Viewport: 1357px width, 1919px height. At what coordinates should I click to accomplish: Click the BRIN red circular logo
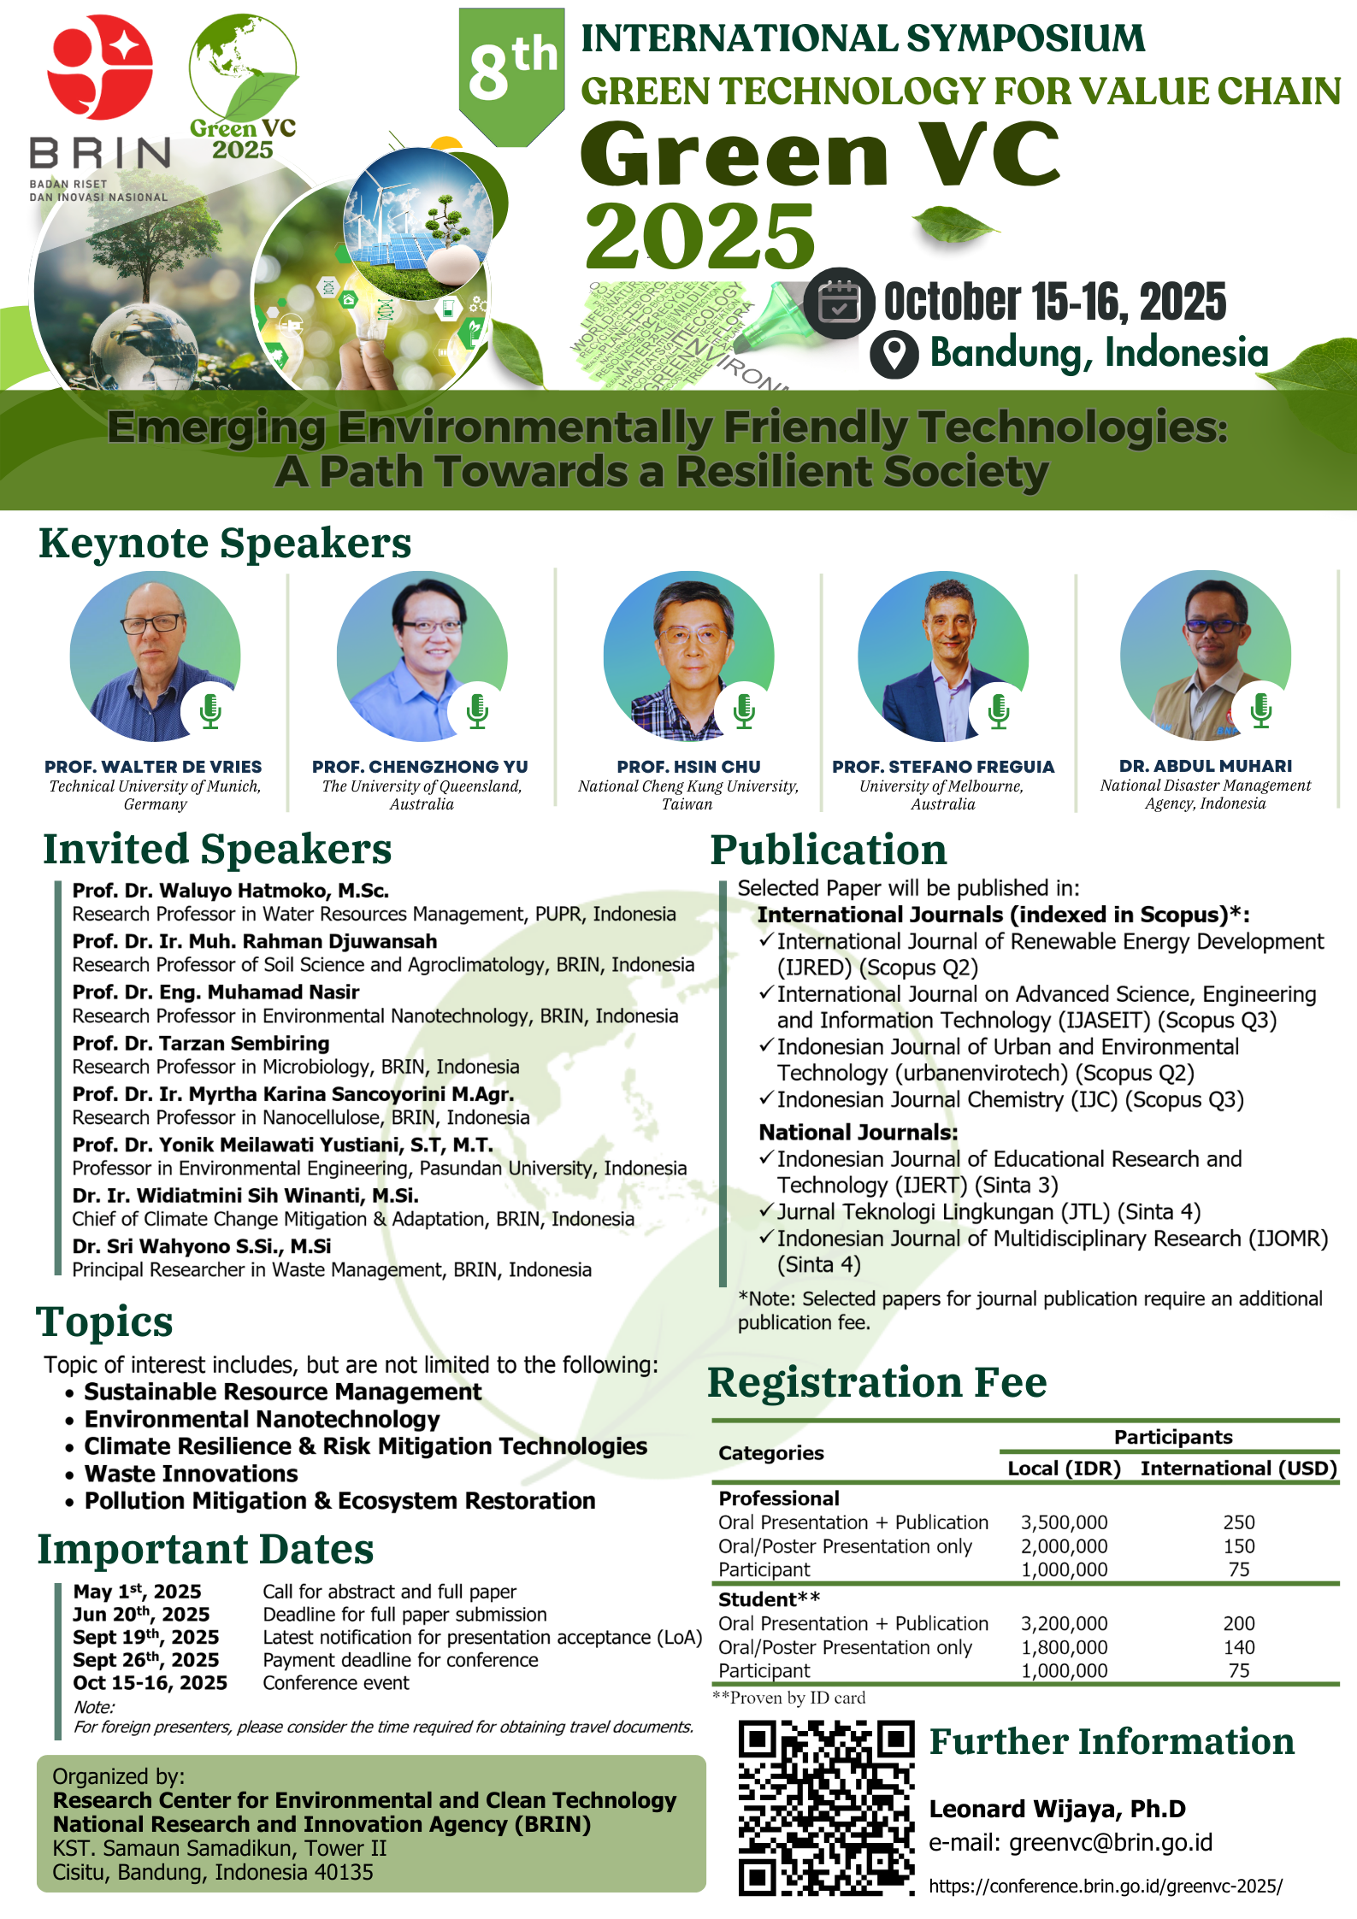coord(100,68)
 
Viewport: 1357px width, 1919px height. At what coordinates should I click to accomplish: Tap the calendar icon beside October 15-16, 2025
coord(839,303)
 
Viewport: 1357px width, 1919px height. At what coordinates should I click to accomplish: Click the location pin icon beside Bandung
coord(894,354)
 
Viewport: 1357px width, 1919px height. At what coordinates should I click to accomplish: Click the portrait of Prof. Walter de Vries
coord(155,656)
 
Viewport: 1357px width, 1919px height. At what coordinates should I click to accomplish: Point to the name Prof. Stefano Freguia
coord(943,767)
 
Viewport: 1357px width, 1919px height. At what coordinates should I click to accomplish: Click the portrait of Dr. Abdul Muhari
coord(1206,656)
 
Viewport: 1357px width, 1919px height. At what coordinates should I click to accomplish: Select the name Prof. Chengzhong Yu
coord(420,767)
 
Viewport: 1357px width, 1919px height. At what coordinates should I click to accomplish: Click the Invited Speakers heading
coord(217,849)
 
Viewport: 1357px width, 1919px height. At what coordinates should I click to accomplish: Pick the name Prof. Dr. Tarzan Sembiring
coord(201,1043)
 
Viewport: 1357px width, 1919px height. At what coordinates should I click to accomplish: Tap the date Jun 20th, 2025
coord(141,1614)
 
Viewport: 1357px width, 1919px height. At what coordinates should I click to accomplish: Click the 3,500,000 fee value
coord(1064,1522)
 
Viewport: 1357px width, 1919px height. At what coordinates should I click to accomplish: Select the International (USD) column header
coord(1239,1469)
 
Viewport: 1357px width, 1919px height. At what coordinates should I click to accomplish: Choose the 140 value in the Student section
coord(1239,1647)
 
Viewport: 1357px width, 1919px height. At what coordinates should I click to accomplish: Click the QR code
coord(827,1808)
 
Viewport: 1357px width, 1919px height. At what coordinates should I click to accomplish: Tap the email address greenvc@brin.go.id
coord(1111,1842)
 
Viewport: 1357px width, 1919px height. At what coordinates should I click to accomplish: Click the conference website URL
coord(1106,1886)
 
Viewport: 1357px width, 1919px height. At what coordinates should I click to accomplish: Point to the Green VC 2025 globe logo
coord(243,85)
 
